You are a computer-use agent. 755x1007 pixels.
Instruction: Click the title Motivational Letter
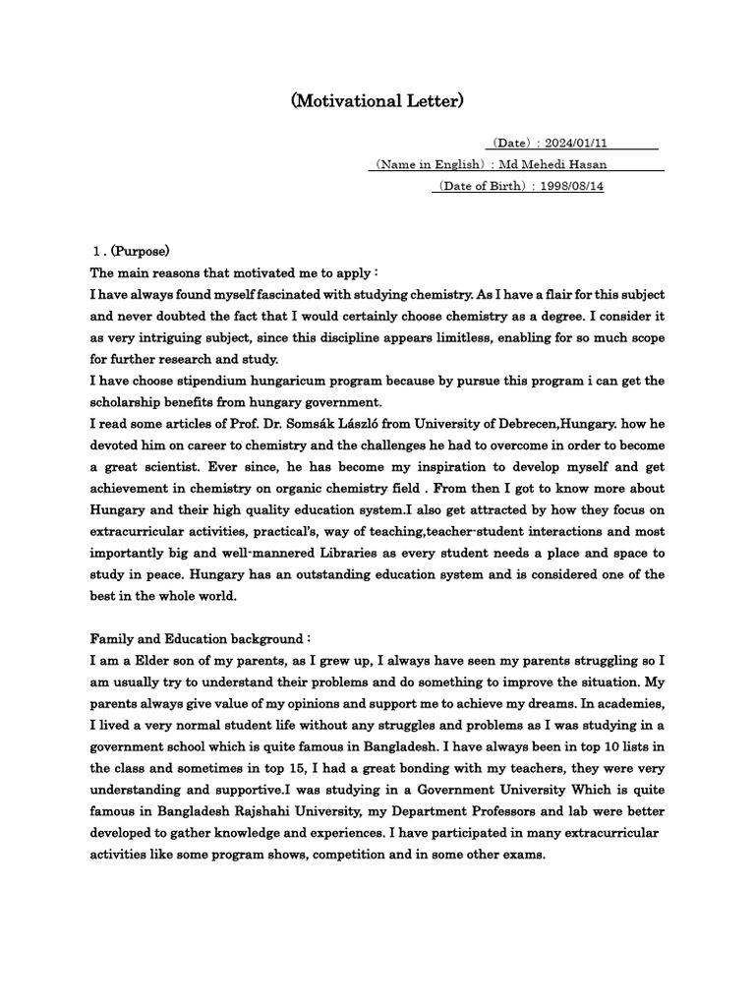pyautogui.click(x=377, y=100)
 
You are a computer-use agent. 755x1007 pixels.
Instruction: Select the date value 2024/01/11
pyautogui.click(x=589, y=144)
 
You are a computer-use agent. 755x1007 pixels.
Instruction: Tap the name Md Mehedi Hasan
pyautogui.click(x=588, y=164)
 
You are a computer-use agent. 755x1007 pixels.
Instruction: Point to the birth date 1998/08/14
pyautogui.click(x=569, y=186)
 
